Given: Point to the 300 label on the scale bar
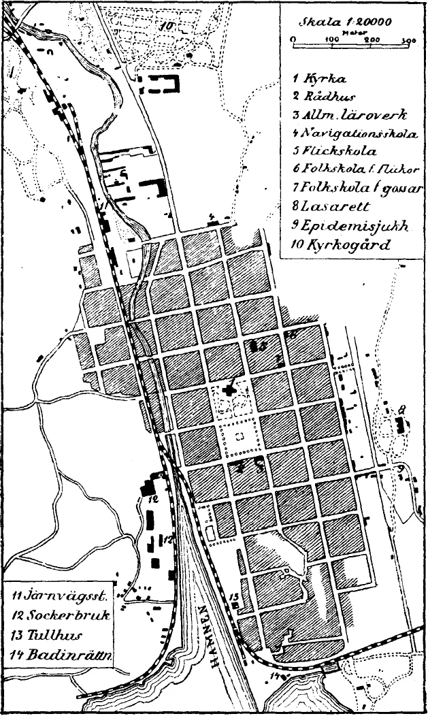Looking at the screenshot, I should tap(410, 41).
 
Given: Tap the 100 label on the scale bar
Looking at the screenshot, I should tap(331, 41).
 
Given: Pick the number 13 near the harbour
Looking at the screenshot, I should tap(234, 598).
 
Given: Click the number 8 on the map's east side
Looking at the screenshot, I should tap(402, 410).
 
